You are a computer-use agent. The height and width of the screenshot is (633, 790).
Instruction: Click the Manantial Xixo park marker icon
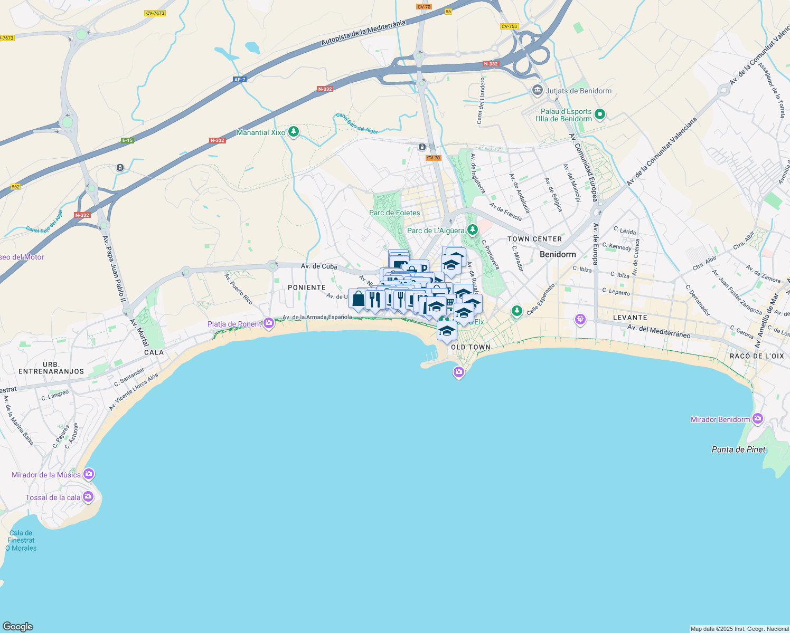(x=294, y=132)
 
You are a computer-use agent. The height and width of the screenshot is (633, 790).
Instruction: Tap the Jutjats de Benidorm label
(x=578, y=91)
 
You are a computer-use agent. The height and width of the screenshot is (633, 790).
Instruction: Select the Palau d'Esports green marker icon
(x=600, y=114)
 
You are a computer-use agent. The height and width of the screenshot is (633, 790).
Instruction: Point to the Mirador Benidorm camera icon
(x=758, y=419)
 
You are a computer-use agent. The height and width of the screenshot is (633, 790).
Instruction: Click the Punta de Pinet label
(x=738, y=449)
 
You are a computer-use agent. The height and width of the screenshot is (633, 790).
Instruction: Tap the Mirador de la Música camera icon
(x=88, y=474)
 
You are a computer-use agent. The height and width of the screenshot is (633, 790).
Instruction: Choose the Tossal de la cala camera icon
(x=88, y=496)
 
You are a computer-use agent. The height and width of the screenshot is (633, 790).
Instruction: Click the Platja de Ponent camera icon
(x=269, y=323)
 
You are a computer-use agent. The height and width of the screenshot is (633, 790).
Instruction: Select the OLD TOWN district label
(x=471, y=347)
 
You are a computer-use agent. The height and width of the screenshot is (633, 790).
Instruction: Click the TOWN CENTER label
(x=534, y=239)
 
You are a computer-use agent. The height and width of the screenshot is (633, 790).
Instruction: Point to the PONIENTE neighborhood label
(x=307, y=287)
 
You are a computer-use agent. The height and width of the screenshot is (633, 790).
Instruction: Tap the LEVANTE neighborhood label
(x=630, y=318)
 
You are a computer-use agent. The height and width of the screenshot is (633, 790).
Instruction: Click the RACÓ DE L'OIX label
(x=757, y=356)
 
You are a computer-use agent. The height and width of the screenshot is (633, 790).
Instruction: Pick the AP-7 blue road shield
(x=240, y=80)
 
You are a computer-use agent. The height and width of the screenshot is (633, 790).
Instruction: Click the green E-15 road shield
(x=127, y=140)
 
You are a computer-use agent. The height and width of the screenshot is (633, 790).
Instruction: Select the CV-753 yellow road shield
(x=509, y=26)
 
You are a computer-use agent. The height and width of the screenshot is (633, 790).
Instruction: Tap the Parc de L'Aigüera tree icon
(x=473, y=229)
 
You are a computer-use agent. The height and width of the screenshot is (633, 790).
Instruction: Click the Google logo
(x=18, y=627)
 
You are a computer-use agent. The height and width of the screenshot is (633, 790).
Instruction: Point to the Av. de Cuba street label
(x=319, y=266)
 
